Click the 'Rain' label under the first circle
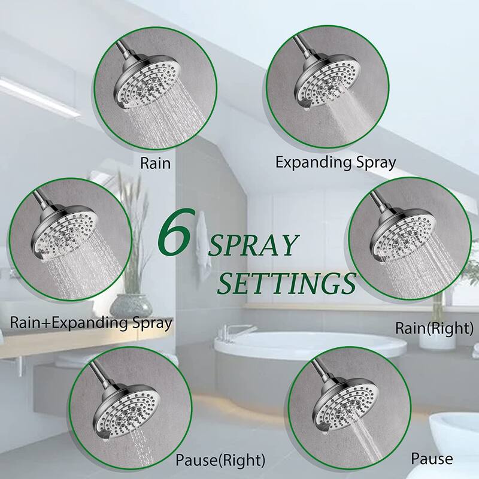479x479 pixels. (x=155, y=163)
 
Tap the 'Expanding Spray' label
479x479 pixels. (x=335, y=162)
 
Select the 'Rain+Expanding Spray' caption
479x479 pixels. (x=91, y=323)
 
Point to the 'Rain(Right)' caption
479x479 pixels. (x=434, y=328)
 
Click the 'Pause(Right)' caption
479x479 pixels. (x=220, y=460)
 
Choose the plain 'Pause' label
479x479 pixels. (x=431, y=459)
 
